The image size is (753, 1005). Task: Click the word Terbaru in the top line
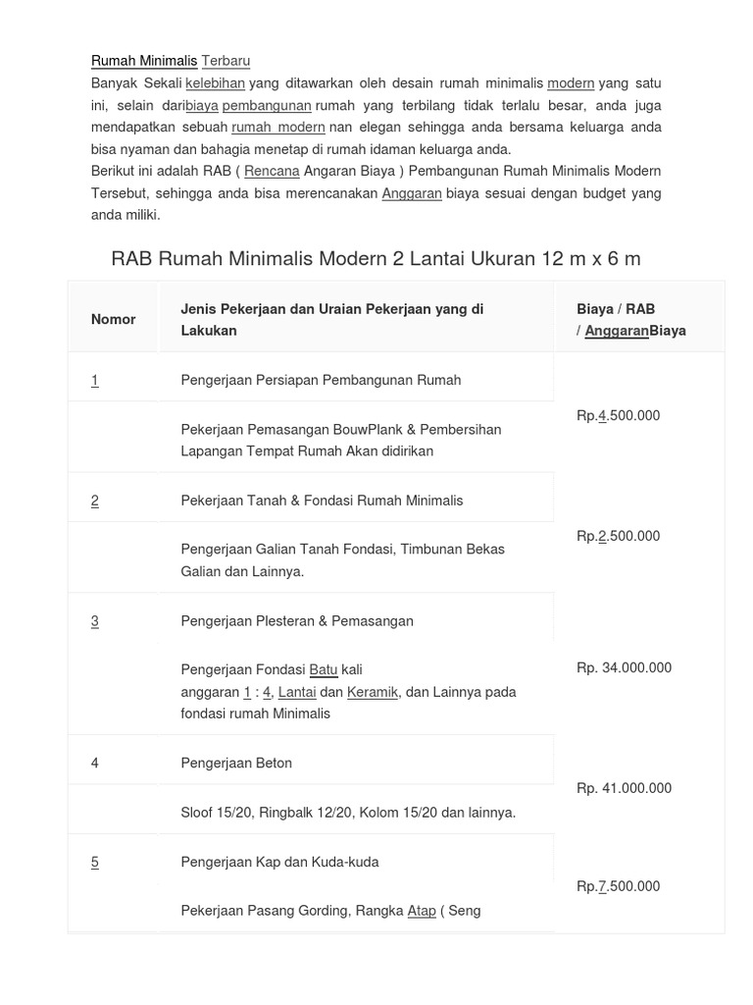point(226,61)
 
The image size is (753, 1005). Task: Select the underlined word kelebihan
point(215,83)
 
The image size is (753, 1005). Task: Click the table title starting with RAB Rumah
point(376,258)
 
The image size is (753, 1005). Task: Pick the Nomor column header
point(114,319)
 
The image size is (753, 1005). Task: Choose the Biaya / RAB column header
point(631,320)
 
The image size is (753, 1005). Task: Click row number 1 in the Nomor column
point(95,380)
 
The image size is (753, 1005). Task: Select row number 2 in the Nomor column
point(95,501)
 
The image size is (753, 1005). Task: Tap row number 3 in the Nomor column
point(95,621)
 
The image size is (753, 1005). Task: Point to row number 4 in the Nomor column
point(95,763)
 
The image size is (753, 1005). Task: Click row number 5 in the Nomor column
point(95,862)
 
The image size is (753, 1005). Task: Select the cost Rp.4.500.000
point(619,415)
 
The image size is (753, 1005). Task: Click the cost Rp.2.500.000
point(619,536)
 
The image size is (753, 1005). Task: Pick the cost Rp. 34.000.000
point(625,667)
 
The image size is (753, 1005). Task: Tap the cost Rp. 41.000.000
point(625,788)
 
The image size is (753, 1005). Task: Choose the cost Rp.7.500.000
point(619,886)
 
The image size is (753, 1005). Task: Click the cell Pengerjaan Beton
point(236,763)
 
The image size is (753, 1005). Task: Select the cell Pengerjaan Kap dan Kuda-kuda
point(279,862)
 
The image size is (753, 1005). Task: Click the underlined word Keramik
point(373,692)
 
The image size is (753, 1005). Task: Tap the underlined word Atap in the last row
point(422,911)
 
